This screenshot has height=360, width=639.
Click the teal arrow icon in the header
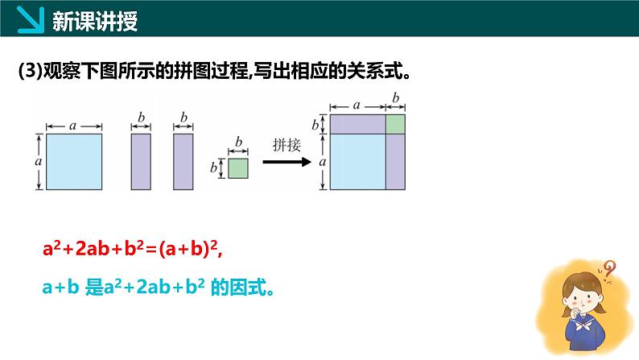click(x=31, y=19)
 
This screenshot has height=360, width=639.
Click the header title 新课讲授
click(x=95, y=21)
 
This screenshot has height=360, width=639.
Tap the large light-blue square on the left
click(x=74, y=161)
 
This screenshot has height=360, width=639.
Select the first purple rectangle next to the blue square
click(x=141, y=161)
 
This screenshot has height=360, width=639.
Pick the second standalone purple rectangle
click(x=183, y=161)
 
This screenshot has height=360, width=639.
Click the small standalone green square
click(x=238, y=168)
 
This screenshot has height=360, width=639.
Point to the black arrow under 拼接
click(x=287, y=162)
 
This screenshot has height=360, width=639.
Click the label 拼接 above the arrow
click(x=287, y=145)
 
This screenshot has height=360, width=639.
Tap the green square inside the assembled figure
click(x=395, y=124)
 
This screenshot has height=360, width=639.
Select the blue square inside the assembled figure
click(x=358, y=162)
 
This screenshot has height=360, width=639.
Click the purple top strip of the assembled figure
click(x=358, y=124)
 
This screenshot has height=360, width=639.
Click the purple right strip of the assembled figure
click(x=395, y=162)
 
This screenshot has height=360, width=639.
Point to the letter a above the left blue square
click(x=73, y=126)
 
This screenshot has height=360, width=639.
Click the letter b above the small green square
click(x=238, y=142)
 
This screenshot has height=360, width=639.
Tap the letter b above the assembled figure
click(x=395, y=97)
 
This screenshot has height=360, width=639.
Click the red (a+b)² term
click(x=188, y=248)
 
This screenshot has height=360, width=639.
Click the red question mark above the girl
click(x=610, y=270)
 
